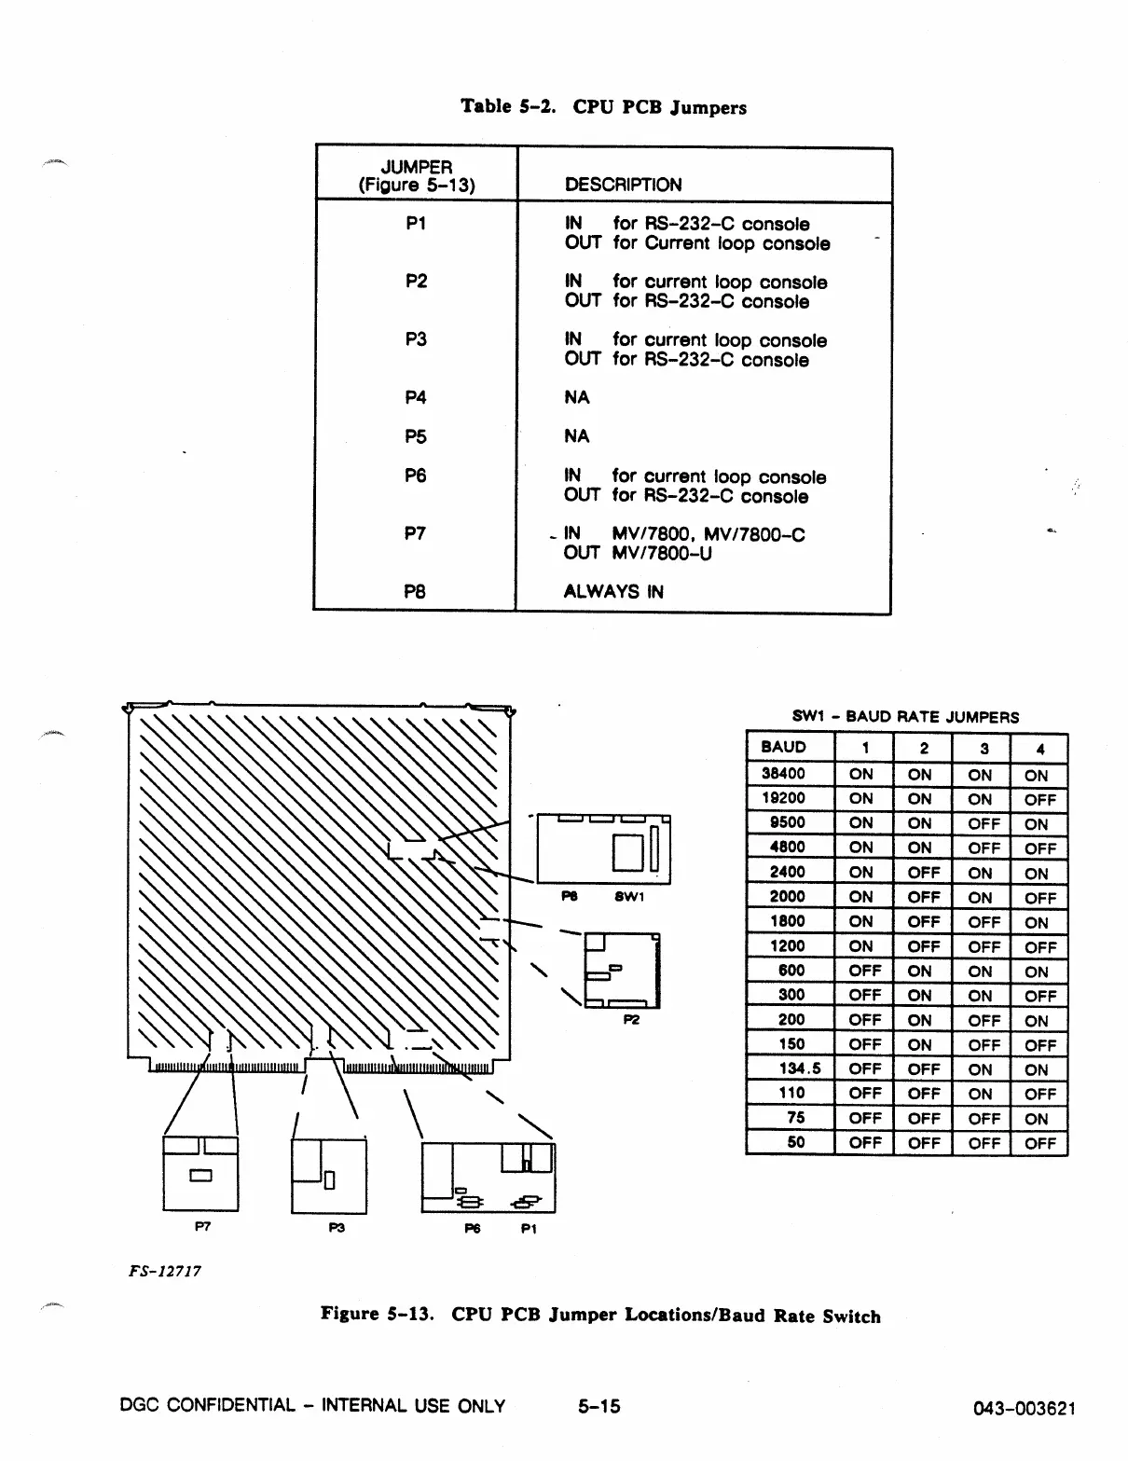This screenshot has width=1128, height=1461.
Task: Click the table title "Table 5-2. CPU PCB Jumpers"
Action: (603, 106)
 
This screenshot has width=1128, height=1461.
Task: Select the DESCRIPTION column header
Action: (623, 185)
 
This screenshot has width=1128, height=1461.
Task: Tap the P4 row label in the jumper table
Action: (416, 397)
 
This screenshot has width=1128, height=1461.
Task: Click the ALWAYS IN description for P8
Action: (613, 591)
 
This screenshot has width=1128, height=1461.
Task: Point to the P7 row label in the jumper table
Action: (416, 533)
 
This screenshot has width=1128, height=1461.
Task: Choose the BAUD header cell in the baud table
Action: (784, 747)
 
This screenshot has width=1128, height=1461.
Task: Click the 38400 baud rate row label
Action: (783, 773)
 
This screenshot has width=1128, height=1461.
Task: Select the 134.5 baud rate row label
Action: (799, 1068)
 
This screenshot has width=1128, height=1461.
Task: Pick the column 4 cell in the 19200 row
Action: (1039, 799)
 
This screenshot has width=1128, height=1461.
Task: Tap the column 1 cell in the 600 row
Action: (864, 971)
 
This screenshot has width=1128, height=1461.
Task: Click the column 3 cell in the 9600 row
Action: (983, 823)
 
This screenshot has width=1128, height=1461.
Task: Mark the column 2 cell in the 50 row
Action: (923, 1142)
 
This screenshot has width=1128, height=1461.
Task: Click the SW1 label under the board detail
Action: (628, 896)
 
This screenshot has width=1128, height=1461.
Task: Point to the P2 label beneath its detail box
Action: (631, 1019)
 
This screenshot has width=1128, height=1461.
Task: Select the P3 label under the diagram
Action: (337, 1228)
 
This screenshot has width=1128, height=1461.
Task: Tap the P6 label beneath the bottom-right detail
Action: (473, 1229)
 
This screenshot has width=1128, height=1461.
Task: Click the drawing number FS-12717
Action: (166, 1271)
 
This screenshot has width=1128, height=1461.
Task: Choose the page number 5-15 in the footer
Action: (598, 1406)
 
